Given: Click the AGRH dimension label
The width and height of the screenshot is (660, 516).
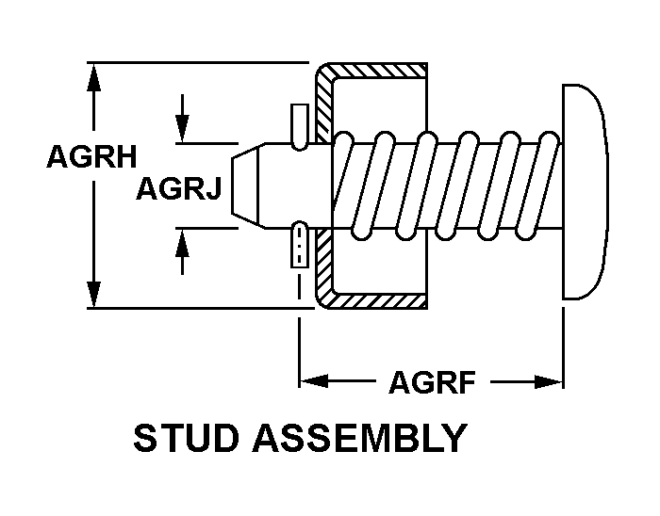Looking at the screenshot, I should (92, 157).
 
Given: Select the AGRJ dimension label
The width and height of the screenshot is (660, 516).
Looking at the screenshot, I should (179, 190).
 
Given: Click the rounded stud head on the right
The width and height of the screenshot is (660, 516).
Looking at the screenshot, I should (584, 191).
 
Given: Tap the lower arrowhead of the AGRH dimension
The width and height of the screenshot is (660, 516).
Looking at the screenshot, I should (92, 294).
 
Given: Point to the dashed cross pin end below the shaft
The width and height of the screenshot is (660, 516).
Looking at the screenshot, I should (299, 247).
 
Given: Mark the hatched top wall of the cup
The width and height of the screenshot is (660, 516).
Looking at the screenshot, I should (377, 72).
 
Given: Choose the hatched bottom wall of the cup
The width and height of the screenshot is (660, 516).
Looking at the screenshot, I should (377, 301).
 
